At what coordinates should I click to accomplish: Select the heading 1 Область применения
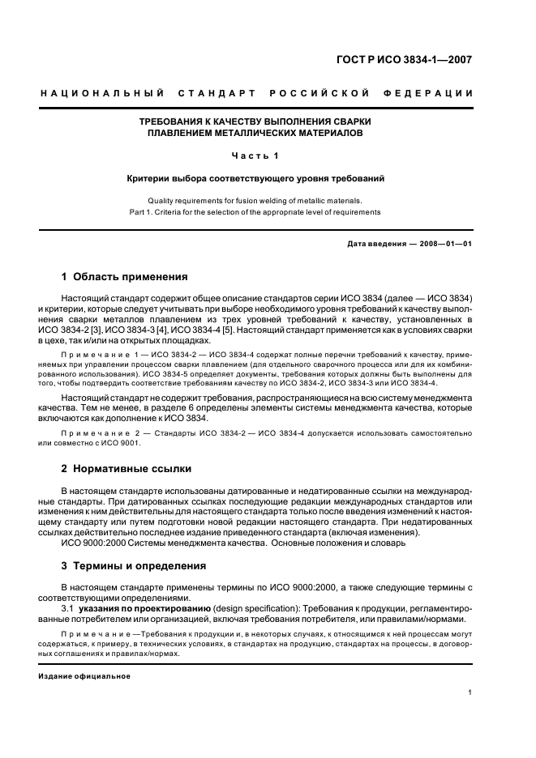pyautogui.click(x=124, y=276)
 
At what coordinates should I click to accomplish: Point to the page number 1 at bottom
pyautogui.click(x=470, y=692)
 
